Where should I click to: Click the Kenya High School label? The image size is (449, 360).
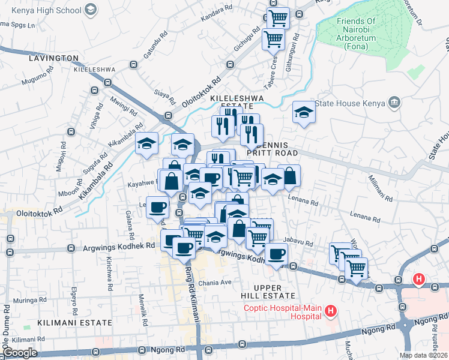(x=41, y=10)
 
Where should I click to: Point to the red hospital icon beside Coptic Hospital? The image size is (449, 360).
(x=330, y=311)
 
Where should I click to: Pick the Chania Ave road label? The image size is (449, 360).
(x=218, y=282)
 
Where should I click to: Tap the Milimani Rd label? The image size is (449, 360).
(x=381, y=188)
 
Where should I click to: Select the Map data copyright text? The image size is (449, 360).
(x=423, y=355)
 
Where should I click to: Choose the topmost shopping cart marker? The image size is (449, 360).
(x=277, y=18)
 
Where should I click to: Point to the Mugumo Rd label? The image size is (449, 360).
(x=37, y=80)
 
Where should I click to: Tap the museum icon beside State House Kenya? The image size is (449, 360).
(x=394, y=103)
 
